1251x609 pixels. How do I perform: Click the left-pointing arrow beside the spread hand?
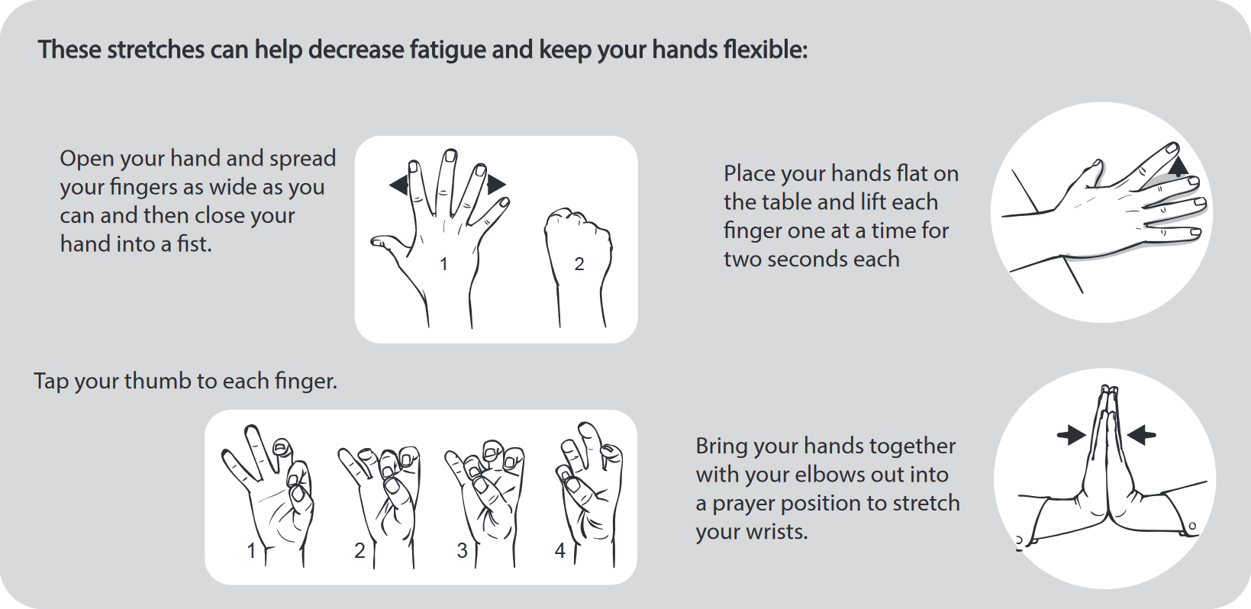[x=398, y=185]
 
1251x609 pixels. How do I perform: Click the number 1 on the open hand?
[x=443, y=265]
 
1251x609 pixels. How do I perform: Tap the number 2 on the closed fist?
[x=579, y=264]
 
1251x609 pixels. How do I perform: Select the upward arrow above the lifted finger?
[x=1178, y=166]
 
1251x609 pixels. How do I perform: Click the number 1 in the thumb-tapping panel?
[x=251, y=550]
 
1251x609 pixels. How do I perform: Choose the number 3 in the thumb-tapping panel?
[x=462, y=550]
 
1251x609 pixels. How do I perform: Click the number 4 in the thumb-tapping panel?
[x=559, y=550]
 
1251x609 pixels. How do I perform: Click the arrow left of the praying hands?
[x=1072, y=436]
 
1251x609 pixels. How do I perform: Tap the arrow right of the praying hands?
[x=1141, y=436]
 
